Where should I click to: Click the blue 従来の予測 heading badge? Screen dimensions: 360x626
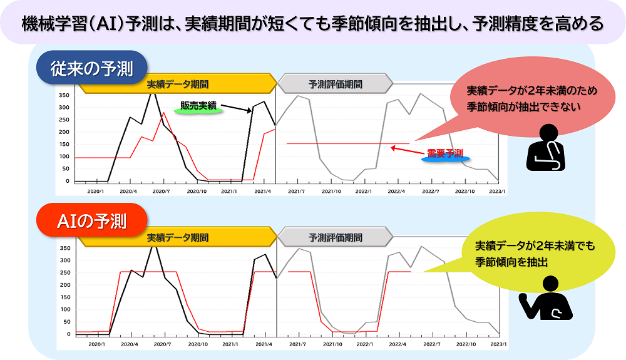coord(91,68)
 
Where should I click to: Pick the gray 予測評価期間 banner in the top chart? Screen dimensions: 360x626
coord(335,84)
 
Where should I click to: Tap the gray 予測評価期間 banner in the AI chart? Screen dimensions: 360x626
coord(335,238)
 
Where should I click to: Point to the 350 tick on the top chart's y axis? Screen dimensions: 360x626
coord(64,96)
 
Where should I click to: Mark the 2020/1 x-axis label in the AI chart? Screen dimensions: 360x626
coord(96,344)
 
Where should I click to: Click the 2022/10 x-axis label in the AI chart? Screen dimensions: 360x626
coord(464,344)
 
